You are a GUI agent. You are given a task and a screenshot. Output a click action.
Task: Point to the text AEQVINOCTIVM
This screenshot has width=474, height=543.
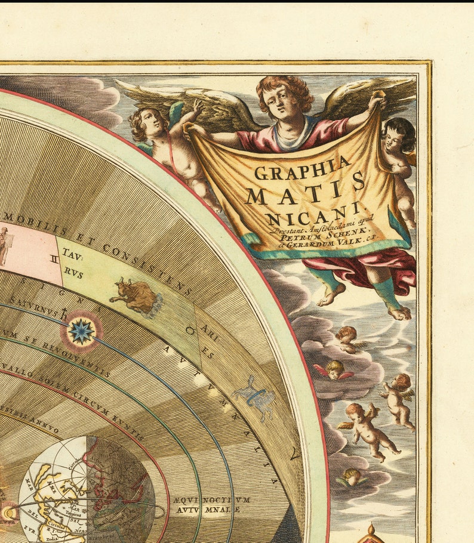(213, 499)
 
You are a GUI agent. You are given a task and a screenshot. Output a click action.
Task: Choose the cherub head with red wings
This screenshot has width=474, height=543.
(334, 371)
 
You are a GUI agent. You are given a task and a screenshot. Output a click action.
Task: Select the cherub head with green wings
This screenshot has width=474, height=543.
(352, 476)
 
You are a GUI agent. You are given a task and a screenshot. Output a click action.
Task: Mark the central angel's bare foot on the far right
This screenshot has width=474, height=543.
(399, 311)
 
